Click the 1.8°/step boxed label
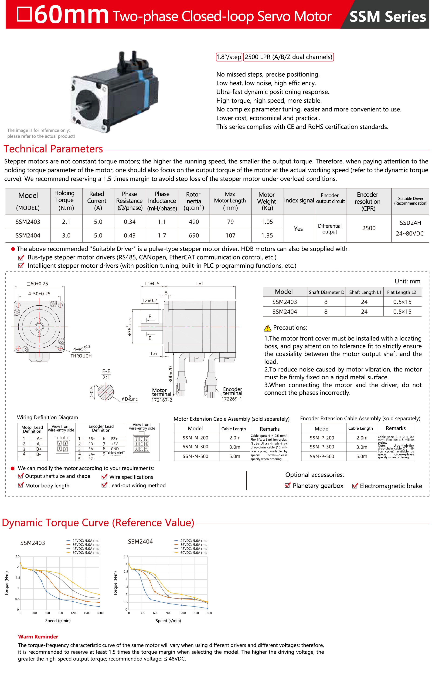[229, 57]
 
